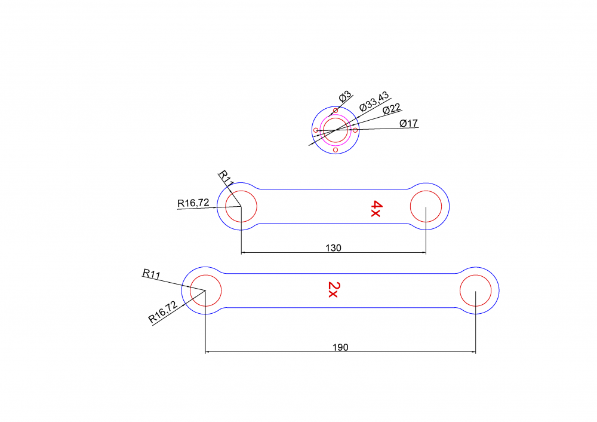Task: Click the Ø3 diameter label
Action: pos(345,97)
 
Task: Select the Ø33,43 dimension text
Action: pos(374,102)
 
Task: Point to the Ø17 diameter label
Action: pos(408,123)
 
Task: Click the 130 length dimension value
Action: pos(334,248)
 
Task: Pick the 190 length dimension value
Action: pos(340,347)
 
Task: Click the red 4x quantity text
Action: pos(376,209)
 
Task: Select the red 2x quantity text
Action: pos(333,290)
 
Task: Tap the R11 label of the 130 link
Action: pos(225,178)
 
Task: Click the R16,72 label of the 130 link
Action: pos(193,203)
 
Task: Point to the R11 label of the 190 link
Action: pos(152,274)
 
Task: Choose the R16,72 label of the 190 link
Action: pos(163,312)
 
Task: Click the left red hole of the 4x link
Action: pos(241,206)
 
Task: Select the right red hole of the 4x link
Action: pos(426,206)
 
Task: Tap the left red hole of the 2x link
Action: pos(206,290)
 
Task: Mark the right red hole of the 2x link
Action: pos(476,290)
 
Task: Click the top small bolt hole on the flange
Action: pos(336,111)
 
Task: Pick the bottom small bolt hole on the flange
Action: pos(336,150)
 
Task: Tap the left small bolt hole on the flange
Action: pos(316,130)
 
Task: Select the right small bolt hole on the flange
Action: pos(355,130)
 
